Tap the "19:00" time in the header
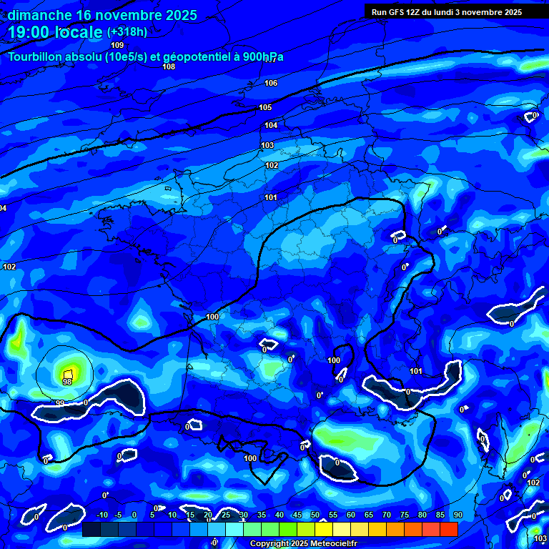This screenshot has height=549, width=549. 28,32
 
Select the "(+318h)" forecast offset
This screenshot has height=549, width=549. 127,32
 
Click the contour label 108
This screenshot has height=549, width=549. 169,66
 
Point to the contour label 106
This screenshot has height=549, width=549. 271,84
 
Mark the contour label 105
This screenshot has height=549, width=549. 265,107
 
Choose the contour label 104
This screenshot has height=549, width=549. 271,125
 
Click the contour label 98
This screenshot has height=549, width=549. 67,382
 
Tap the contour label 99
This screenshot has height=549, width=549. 60,403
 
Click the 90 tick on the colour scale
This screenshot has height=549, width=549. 457,515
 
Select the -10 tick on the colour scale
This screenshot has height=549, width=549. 102,515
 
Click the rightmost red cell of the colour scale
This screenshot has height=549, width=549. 449,529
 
